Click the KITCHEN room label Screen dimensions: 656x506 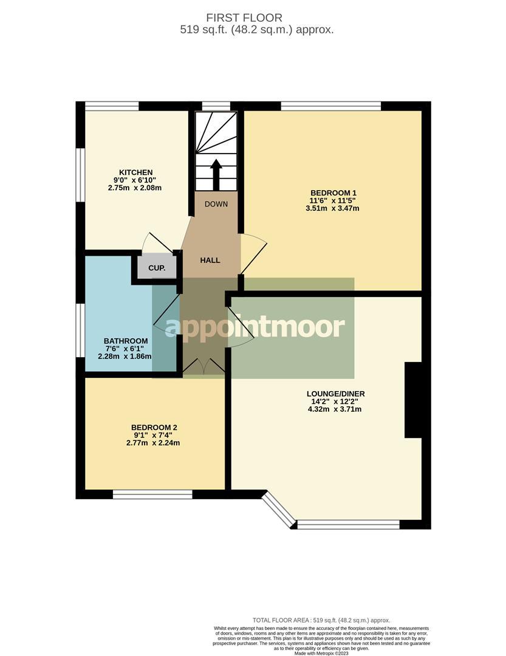[135, 173]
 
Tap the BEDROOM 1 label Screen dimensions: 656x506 [332, 193]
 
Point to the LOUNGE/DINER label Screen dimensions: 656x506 [335, 394]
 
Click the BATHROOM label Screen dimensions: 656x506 [126, 341]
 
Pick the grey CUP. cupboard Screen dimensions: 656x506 [156, 268]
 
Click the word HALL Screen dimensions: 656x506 [210, 260]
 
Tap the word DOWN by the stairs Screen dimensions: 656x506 [216, 204]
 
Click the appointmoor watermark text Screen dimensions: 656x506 [255, 327]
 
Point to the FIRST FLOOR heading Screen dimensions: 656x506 [253, 18]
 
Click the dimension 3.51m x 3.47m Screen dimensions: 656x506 [332, 208]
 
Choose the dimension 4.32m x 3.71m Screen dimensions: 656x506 [335, 409]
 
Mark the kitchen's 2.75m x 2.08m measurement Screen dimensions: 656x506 [135, 188]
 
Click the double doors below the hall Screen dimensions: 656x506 [203, 366]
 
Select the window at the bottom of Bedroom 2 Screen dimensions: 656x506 [152, 494]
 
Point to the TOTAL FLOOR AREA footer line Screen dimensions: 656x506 [321, 620]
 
